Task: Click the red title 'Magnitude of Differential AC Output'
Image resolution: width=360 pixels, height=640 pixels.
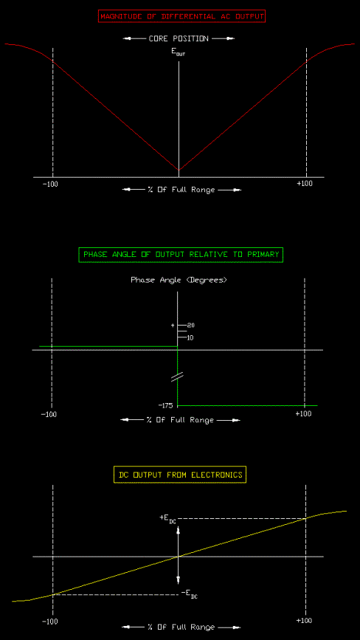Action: point(181,17)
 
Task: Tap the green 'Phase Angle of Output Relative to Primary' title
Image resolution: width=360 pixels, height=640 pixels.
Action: point(181,255)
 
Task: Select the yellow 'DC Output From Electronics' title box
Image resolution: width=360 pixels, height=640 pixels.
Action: point(180,475)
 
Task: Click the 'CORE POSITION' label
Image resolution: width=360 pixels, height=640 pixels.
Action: point(179,39)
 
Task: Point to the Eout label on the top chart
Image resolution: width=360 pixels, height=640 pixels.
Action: point(179,52)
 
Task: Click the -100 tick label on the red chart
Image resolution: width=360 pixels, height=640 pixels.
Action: point(50,184)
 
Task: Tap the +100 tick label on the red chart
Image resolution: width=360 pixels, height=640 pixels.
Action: point(305,184)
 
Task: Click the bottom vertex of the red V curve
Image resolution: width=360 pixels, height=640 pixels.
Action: point(179,171)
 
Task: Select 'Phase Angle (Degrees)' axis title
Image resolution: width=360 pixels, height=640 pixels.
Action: point(179,280)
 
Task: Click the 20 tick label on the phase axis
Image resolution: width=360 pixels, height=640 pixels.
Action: point(190,326)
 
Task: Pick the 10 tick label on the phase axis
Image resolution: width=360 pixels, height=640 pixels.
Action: point(190,337)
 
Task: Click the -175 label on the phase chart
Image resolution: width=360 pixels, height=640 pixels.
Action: point(166,406)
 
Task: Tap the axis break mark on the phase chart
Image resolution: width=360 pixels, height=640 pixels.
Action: point(178,376)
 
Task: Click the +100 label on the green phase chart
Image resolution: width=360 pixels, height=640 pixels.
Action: point(303,413)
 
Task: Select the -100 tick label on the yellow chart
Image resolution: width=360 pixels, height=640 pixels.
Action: point(50,622)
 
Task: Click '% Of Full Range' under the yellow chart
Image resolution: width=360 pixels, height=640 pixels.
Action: point(181,627)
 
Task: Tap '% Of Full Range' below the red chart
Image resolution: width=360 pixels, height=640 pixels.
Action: point(181,190)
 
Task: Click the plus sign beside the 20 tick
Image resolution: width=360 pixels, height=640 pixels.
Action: point(173,326)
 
